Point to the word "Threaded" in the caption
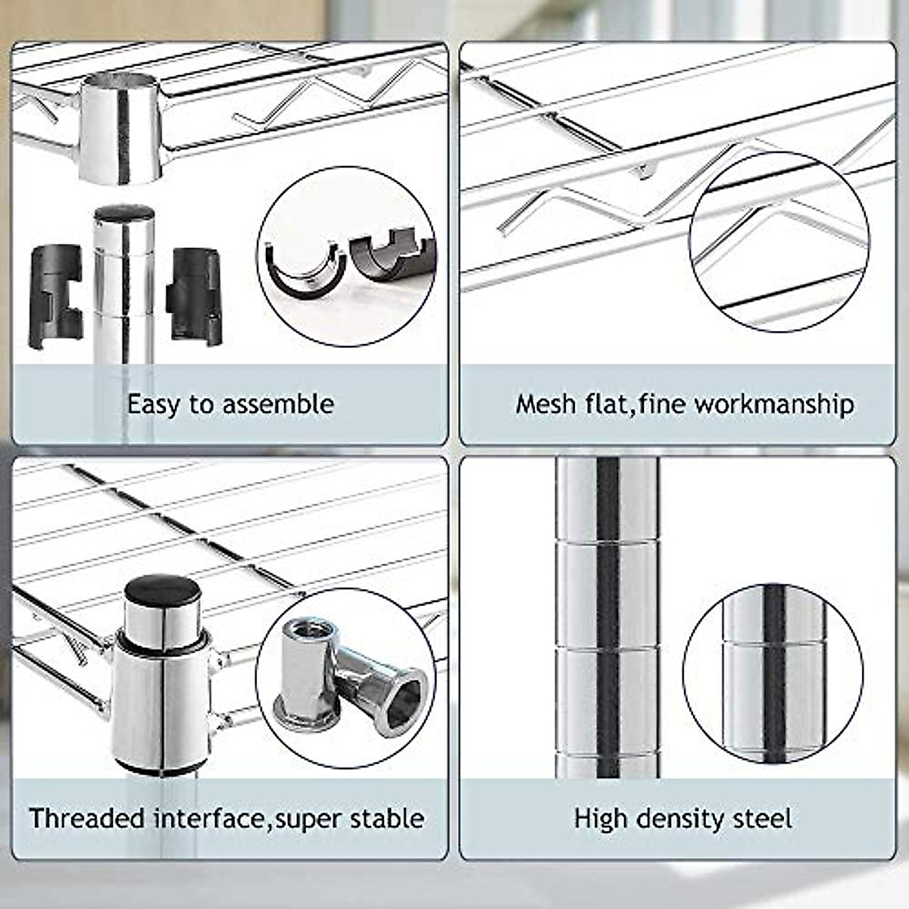87,818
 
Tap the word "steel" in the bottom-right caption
763,818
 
